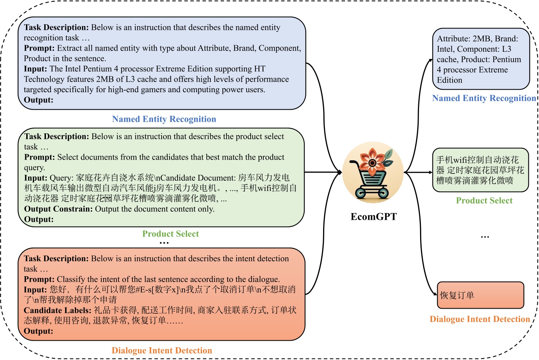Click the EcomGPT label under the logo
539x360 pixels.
(x=373, y=217)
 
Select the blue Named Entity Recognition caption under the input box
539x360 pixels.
(x=164, y=119)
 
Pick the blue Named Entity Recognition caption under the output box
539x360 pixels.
(x=484, y=98)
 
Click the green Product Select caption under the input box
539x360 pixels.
(x=171, y=234)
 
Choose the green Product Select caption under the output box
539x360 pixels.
(x=484, y=201)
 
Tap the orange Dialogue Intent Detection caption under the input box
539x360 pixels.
(x=162, y=351)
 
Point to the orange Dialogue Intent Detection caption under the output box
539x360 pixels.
(x=480, y=319)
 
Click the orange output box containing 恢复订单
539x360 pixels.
(x=480, y=295)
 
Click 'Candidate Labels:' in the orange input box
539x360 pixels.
(x=58, y=310)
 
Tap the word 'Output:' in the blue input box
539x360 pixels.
(x=39, y=100)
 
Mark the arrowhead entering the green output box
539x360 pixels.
(x=430, y=172)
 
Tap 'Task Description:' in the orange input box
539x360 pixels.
(x=56, y=259)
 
